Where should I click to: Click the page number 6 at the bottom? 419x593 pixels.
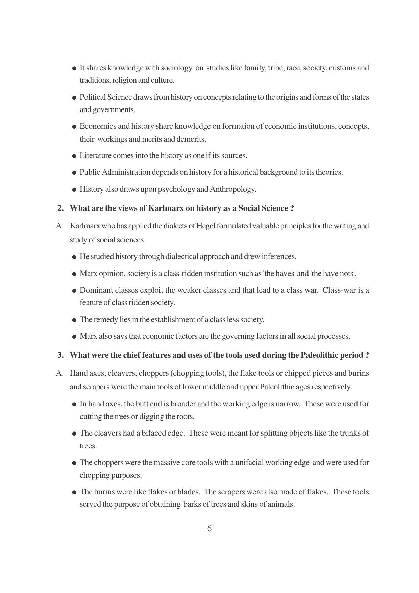pyautogui.click(x=209, y=528)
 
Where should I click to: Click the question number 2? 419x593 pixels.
pyautogui.click(x=60, y=208)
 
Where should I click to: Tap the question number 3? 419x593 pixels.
pyautogui.click(x=60, y=355)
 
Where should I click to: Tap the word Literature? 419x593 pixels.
pyautogui.click(x=95, y=156)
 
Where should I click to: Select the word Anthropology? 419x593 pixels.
pyautogui.click(x=233, y=189)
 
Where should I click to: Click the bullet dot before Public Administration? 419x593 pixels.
pyautogui.click(x=74, y=173)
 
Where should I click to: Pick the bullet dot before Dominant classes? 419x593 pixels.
pyautogui.click(x=74, y=291)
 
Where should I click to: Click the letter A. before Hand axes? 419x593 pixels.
pyautogui.click(x=60, y=373)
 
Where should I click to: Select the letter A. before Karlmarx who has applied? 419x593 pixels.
pyautogui.click(x=60, y=226)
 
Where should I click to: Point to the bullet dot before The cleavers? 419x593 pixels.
pyautogui.click(x=74, y=434)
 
